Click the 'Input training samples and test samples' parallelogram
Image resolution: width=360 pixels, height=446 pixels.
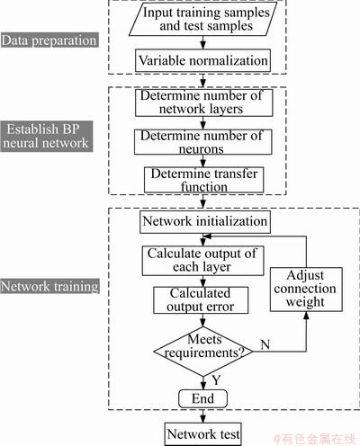click(202, 19)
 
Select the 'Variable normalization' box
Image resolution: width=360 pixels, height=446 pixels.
click(202, 60)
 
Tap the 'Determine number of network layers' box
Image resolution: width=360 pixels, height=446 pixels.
click(204, 103)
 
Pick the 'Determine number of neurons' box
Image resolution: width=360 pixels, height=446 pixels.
click(203, 142)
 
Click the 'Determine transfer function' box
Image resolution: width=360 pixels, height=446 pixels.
click(204, 180)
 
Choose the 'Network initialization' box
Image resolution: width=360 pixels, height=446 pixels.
click(205, 222)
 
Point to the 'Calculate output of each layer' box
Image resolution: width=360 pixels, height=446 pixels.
click(202, 261)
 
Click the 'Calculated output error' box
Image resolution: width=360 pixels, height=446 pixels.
click(201, 300)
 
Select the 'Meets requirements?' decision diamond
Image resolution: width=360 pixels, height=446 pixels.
click(203, 352)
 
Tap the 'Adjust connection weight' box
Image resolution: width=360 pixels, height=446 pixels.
click(306, 290)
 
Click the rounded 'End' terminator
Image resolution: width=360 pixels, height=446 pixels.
click(203, 398)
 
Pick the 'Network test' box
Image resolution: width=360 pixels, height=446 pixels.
click(203, 434)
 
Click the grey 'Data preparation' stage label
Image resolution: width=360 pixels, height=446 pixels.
click(49, 40)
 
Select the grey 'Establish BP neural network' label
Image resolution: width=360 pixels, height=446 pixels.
click(47, 137)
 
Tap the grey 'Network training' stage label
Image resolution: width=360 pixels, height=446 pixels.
click(49, 286)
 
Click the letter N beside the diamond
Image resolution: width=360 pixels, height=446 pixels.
click(265, 344)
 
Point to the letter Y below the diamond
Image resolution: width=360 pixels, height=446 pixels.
click(216, 380)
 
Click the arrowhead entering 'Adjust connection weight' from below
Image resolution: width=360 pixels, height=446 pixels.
click(306, 315)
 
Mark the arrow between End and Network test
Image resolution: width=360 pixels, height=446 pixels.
click(203, 415)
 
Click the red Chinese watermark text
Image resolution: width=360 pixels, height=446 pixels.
click(315, 439)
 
